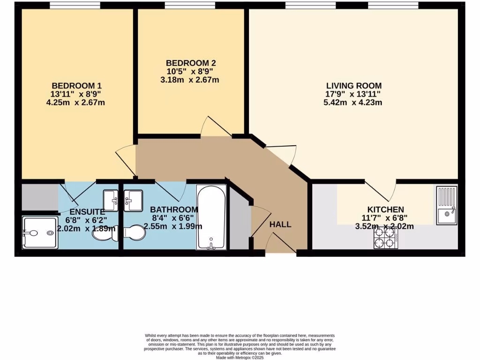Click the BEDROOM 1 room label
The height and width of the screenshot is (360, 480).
[x=77, y=86]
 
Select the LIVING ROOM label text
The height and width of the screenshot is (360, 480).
[x=354, y=86]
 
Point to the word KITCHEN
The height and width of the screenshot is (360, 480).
[x=386, y=210]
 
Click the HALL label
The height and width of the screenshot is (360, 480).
[x=280, y=225]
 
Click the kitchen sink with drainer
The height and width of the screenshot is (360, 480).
[x=447, y=205]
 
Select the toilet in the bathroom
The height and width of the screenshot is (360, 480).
[x=135, y=233]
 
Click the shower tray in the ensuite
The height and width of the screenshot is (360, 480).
[x=40, y=232]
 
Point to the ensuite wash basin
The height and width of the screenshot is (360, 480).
[x=111, y=201]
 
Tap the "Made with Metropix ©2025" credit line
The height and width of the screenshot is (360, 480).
[x=240, y=358]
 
